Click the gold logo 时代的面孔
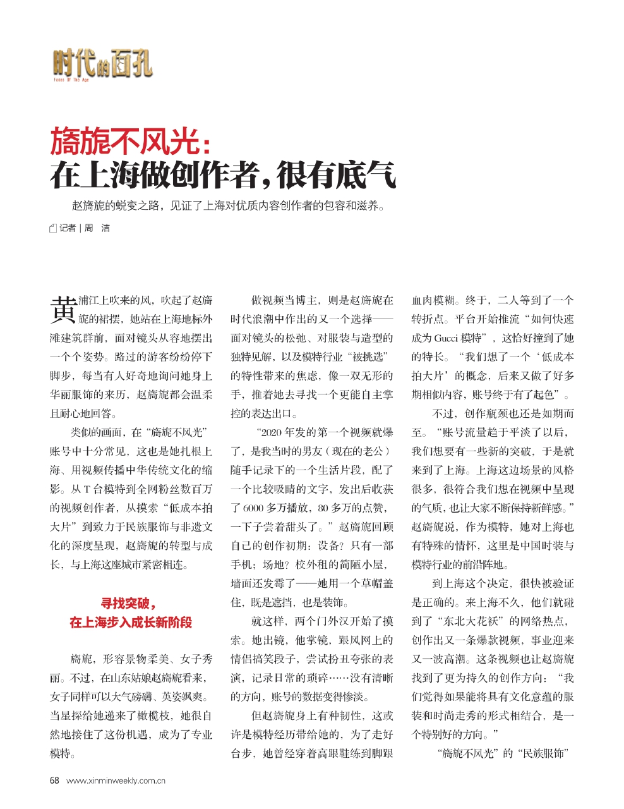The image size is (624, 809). coord(102,64)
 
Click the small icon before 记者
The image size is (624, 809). coord(53,228)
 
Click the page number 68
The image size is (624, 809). coord(54,781)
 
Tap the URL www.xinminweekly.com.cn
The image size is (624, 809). coord(116,781)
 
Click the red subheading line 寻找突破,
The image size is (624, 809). coord(129,603)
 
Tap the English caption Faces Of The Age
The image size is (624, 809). coord(71,80)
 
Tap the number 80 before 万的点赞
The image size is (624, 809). coord(323,508)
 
